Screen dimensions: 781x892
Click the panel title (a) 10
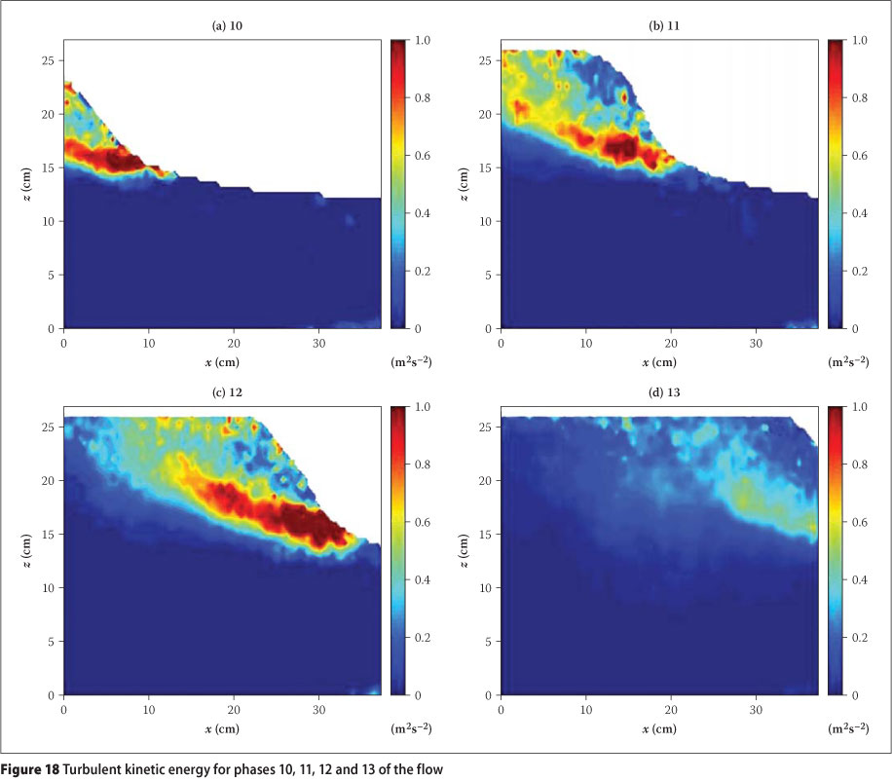(x=222, y=25)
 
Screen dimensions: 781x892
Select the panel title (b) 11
(x=658, y=25)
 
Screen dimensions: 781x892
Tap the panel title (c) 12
(x=222, y=391)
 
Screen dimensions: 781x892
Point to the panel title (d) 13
(x=658, y=391)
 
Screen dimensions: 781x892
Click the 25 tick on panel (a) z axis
(x=52, y=60)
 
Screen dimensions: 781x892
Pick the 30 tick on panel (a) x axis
(x=319, y=343)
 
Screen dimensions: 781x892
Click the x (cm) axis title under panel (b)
(x=658, y=361)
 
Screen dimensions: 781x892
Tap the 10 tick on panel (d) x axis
(x=585, y=709)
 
